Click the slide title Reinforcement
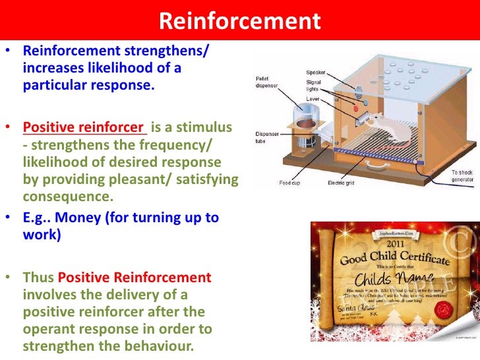coord(239,21)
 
